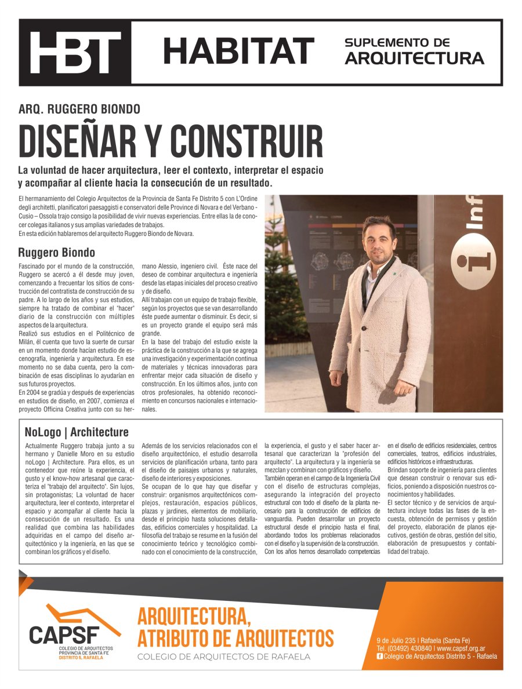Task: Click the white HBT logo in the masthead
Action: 75,52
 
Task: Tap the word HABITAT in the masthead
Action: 238,51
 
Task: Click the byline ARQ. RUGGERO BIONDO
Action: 79,109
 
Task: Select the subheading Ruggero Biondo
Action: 56,253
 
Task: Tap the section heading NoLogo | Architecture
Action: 77,432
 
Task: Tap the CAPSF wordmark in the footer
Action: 64,633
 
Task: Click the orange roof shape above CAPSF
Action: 81,614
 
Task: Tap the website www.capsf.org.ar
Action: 461,648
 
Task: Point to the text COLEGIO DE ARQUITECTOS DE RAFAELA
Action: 223,657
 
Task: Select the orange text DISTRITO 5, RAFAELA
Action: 81,658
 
